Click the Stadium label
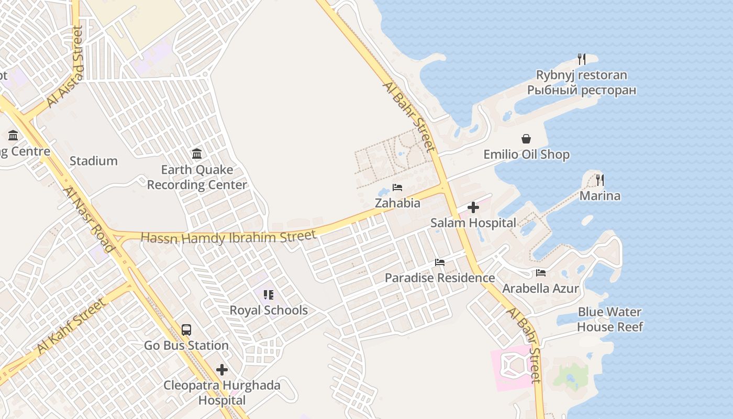coord(94,161)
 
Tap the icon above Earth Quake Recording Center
coord(197,153)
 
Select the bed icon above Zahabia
coord(397,188)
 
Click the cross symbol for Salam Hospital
coord(473,207)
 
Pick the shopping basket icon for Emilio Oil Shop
coord(526,139)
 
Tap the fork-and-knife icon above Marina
coord(599,180)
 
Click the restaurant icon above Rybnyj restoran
coord(581,59)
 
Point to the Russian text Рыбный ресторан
coord(582,90)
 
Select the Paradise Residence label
coord(440,278)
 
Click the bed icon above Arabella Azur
coord(541,272)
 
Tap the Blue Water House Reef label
coord(609,319)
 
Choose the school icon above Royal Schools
coord(269,295)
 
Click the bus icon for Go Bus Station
coord(186,330)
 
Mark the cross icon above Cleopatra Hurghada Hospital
coord(222,370)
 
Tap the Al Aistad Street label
coord(65,67)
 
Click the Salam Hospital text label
coord(473,223)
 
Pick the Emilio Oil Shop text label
coord(526,155)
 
